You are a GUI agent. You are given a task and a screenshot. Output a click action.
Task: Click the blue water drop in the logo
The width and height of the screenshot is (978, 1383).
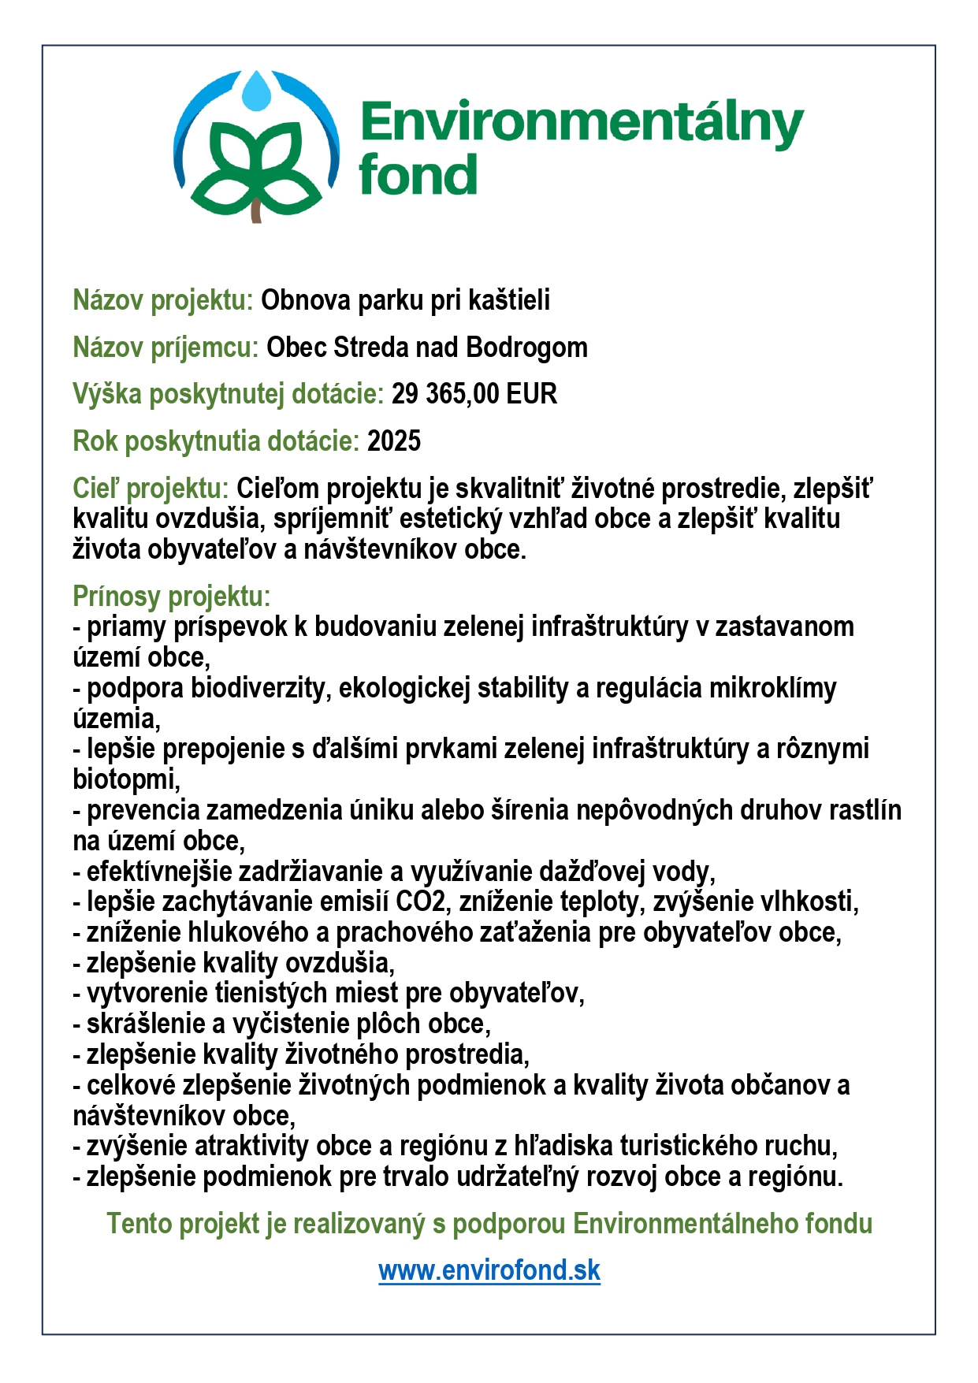tap(256, 92)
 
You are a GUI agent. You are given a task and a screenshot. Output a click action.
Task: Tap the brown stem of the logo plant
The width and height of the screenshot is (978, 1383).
tap(256, 210)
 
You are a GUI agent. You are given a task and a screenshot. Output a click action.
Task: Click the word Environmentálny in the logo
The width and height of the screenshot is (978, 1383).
tap(582, 125)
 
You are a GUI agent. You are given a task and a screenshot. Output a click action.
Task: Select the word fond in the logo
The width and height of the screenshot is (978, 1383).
tap(418, 175)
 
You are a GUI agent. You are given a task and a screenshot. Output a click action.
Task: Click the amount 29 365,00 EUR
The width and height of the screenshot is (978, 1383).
tap(474, 394)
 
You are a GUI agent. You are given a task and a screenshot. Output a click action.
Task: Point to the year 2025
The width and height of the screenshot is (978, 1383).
tap(394, 441)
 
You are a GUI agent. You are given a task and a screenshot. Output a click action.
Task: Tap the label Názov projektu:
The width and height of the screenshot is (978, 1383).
tap(162, 300)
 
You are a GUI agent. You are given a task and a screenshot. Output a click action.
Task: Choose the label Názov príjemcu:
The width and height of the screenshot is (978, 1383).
tap(165, 348)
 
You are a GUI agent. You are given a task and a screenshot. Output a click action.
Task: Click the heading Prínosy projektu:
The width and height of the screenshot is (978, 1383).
tap(171, 597)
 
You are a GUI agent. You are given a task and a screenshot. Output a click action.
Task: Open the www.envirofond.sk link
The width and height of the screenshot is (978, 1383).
tap(489, 1270)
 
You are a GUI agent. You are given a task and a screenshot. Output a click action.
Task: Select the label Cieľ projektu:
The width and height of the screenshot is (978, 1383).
tap(151, 489)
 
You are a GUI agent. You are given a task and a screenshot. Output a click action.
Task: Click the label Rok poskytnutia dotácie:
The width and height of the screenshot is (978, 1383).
tap(216, 441)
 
